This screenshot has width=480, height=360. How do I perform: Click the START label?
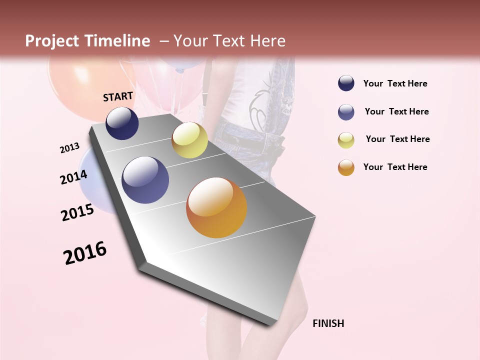[118, 96]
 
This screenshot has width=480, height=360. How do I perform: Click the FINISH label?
[328, 323]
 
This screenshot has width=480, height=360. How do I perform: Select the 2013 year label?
[70, 148]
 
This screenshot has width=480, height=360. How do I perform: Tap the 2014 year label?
[73, 177]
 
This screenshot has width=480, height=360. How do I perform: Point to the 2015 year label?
[77, 212]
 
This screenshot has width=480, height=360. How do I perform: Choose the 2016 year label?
[85, 253]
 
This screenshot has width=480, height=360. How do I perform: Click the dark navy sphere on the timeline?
[122, 123]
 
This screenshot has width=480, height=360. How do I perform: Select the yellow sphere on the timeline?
[189, 140]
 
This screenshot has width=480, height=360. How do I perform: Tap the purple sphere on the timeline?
[145, 180]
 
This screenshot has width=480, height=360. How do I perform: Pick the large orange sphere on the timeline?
[216, 208]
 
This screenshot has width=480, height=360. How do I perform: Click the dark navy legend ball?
[346, 83]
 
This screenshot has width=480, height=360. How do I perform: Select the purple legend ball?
[346, 112]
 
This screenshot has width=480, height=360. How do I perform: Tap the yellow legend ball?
[346, 140]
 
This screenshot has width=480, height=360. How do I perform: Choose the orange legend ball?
[346, 167]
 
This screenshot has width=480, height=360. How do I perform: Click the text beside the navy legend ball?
[395, 83]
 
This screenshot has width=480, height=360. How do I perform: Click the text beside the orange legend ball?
[395, 167]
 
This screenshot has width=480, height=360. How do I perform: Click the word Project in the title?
[52, 41]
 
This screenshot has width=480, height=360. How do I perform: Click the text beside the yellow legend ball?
[397, 139]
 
